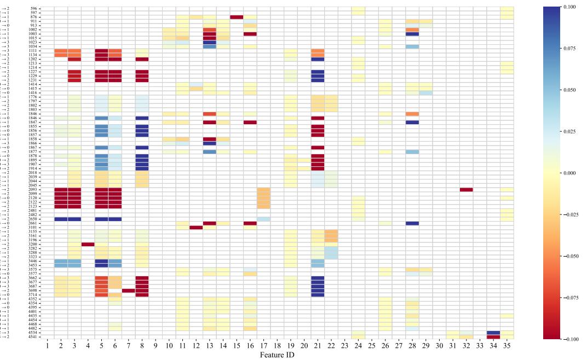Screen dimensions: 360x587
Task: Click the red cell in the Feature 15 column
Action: pyautogui.click(x=237, y=17)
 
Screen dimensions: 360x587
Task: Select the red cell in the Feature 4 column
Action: pyautogui.click(x=88, y=244)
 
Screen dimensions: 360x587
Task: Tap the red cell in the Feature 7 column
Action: pyautogui.click(x=128, y=291)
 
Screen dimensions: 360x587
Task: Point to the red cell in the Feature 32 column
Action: pyautogui.click(x=467, y=190)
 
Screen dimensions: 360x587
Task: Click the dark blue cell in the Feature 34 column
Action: pyautogui.click(x=493, y=332)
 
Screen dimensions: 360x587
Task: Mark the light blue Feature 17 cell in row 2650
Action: pyautogui.click(x=263, y=219)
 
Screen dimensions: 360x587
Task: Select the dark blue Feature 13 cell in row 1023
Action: pyautogui.click(x=210, y=42)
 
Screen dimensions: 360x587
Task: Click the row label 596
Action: pyautogui.click(x=34, y=9)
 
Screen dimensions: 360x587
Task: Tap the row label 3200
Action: pyautogui.click(x=33, y=244)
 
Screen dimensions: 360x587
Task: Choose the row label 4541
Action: pyautogui.click(x=33, y=336)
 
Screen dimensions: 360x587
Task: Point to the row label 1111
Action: pyautogui.click(x=33, y=50)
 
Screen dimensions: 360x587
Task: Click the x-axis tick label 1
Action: pyautogui.click(x=48, y=346)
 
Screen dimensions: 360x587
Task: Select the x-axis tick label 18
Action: pyautogui.click(x=277, y=346)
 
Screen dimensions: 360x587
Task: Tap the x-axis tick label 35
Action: pyautogui.click(x=507, y=346)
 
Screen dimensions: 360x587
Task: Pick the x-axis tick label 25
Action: pyautogui.click(x=372, y=346)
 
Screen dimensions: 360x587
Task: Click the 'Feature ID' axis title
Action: pyautogui.click(x=277, y=355)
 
